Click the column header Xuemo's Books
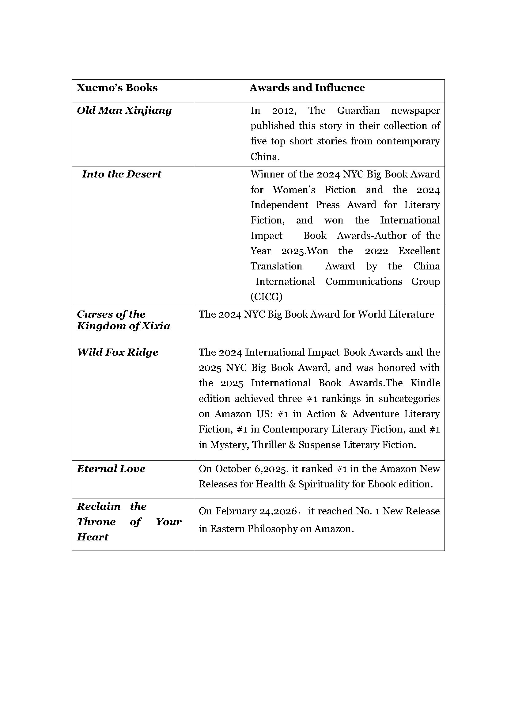117,88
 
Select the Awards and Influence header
307,88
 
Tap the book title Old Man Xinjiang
124,111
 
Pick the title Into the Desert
121,174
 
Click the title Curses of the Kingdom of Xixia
123,320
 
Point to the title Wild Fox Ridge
117,353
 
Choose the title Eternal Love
111,469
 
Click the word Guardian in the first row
358,111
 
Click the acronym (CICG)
266,297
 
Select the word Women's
294,190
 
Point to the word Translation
276,266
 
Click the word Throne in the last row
96,522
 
